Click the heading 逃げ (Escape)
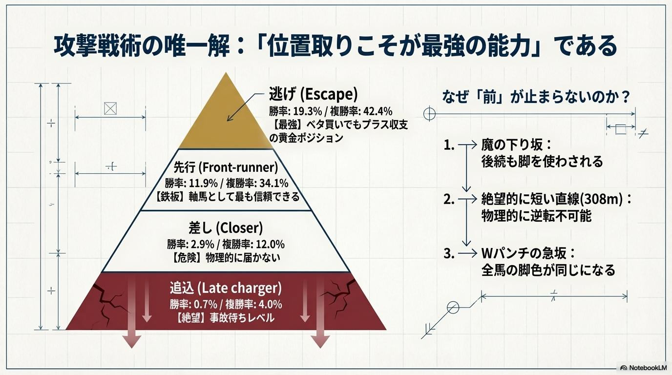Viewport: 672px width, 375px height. (x=313, y=94)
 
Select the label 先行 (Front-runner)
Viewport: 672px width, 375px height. (x=226, y=167)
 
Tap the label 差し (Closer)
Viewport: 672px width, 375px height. (x=226, y=228)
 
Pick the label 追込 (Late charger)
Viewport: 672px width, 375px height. (x=226, y=288)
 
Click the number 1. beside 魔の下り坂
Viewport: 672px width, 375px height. (x=449, y=145)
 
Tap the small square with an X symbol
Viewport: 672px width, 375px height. (x=110, y=108)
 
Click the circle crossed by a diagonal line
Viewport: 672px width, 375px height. (x=453, y=308)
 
